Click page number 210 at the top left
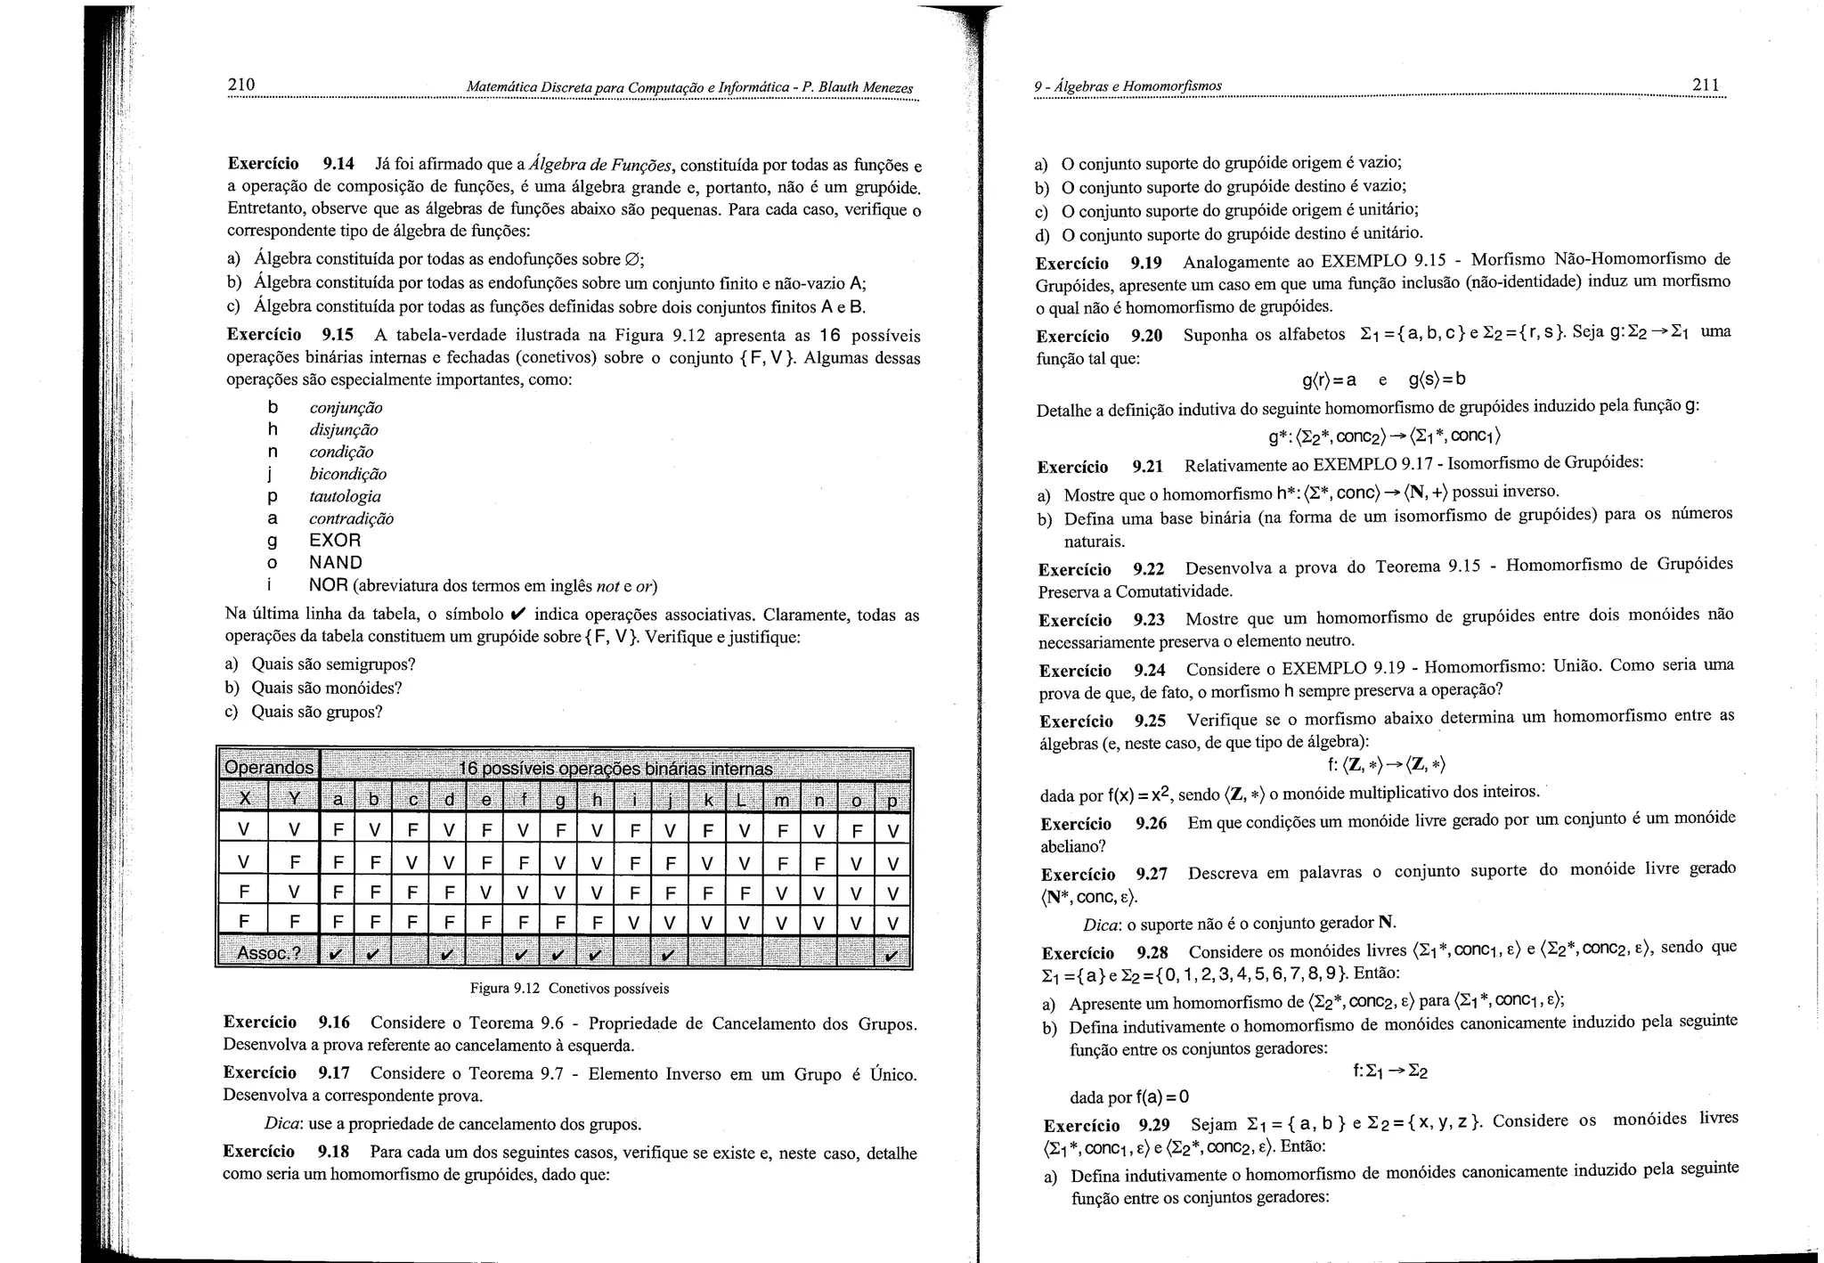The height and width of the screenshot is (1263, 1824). click(x=241, y=85)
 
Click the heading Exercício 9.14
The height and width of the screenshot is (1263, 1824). click(x=290, y=164)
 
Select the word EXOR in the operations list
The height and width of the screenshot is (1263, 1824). click(x=335, y=541)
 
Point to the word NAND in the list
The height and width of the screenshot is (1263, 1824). click(x=336, y=563)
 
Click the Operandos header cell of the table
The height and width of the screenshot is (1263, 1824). click(x=269, y=767)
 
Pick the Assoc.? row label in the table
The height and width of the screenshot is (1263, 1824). click(x=269, y=953)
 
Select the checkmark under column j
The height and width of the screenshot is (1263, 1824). click(x=668, y=955)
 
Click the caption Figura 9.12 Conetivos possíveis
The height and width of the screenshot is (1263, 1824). click(x=569, y=989)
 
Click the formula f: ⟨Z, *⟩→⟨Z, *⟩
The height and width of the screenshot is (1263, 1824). click(x=1385, y=765)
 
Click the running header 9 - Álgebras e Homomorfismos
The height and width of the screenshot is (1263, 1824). click(x=1128, y=86)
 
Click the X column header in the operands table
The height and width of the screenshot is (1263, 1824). click(x=245, y=800)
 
